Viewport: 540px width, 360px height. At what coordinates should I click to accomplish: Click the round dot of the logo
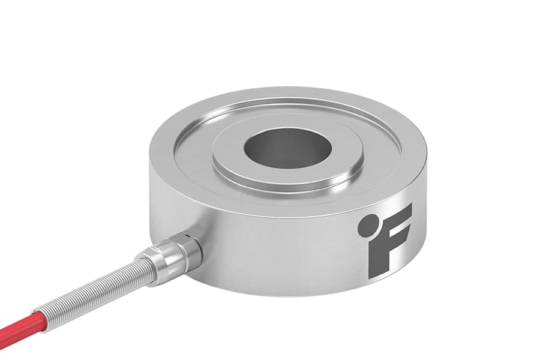tap(371, 221)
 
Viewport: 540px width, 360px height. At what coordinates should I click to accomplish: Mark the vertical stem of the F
tap(376, 255)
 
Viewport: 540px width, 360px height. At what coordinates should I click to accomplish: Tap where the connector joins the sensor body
tap(192, 240)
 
